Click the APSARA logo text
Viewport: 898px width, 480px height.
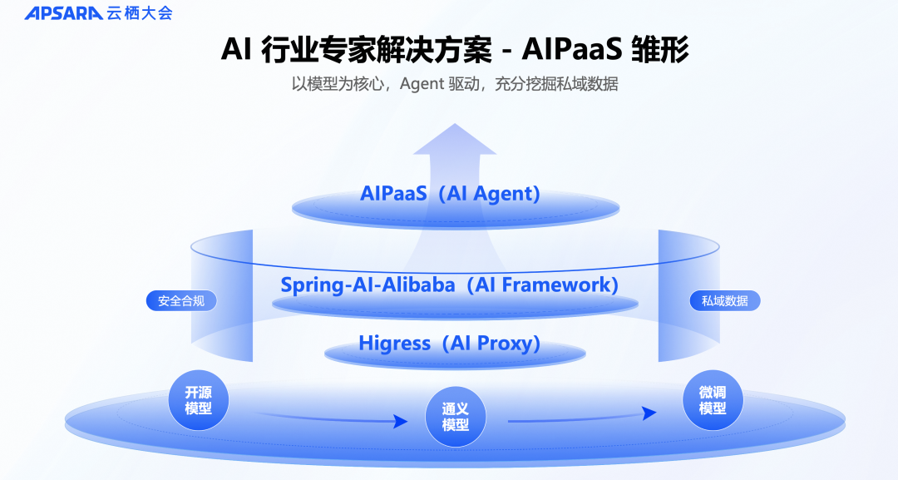pos(63,13)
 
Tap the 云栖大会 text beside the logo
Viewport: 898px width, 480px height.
pos(140,13)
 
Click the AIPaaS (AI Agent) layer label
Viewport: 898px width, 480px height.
pos(450,194)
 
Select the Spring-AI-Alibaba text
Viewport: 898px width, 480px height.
pos(368,285)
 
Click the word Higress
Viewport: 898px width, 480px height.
pos(394,343)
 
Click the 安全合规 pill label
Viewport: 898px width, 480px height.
pos(180,301)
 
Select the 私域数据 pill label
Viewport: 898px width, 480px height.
pos(724,301)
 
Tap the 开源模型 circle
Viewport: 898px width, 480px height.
pos(198,400)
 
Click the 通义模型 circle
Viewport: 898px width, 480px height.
pos(455,416)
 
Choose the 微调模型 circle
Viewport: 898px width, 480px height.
pos(712,400)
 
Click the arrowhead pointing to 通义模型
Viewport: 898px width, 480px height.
pos(401,422)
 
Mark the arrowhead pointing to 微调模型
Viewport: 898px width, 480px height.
pos(650,413)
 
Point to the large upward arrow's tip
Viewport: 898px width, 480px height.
pos(454,126)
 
